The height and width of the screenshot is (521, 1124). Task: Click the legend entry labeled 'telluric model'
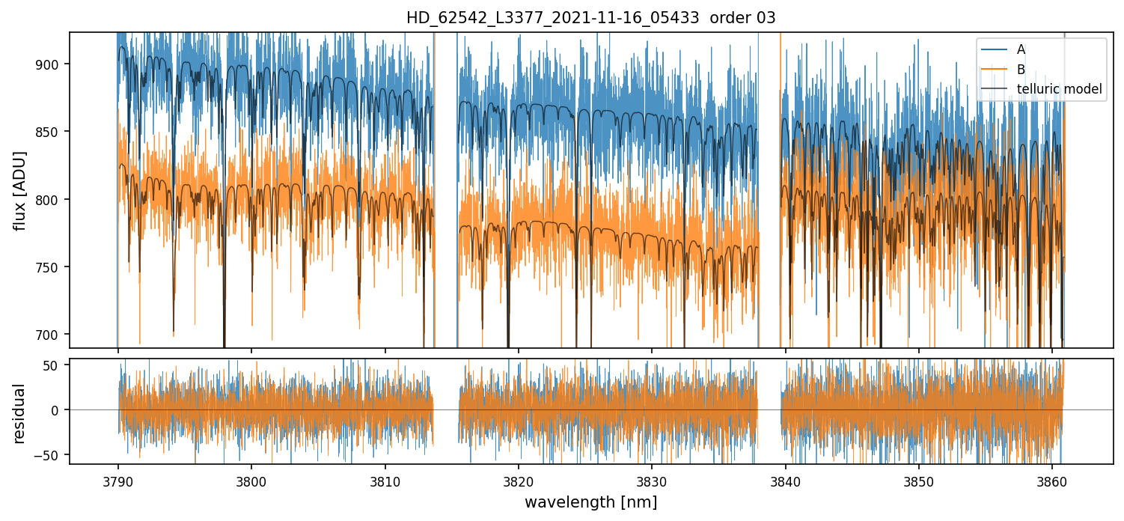point(1059,89)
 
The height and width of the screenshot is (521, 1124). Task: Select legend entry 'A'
point(1021,49)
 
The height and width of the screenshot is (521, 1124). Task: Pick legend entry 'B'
point(1021,70)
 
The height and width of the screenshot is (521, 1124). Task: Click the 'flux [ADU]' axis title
point(20,190)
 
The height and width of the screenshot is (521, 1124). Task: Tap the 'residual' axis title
point(20,413)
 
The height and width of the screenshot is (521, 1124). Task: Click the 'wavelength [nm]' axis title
point(590,502)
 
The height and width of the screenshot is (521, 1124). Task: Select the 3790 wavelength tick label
point(117,480)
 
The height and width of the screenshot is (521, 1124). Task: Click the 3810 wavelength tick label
point(385,480)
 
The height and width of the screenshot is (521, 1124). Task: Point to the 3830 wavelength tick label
point(652,480)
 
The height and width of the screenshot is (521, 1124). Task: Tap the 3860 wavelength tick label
point(1052,480)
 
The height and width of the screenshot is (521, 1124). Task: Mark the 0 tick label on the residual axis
point(60,410)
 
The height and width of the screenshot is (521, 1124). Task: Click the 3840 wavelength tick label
point(785,480)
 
